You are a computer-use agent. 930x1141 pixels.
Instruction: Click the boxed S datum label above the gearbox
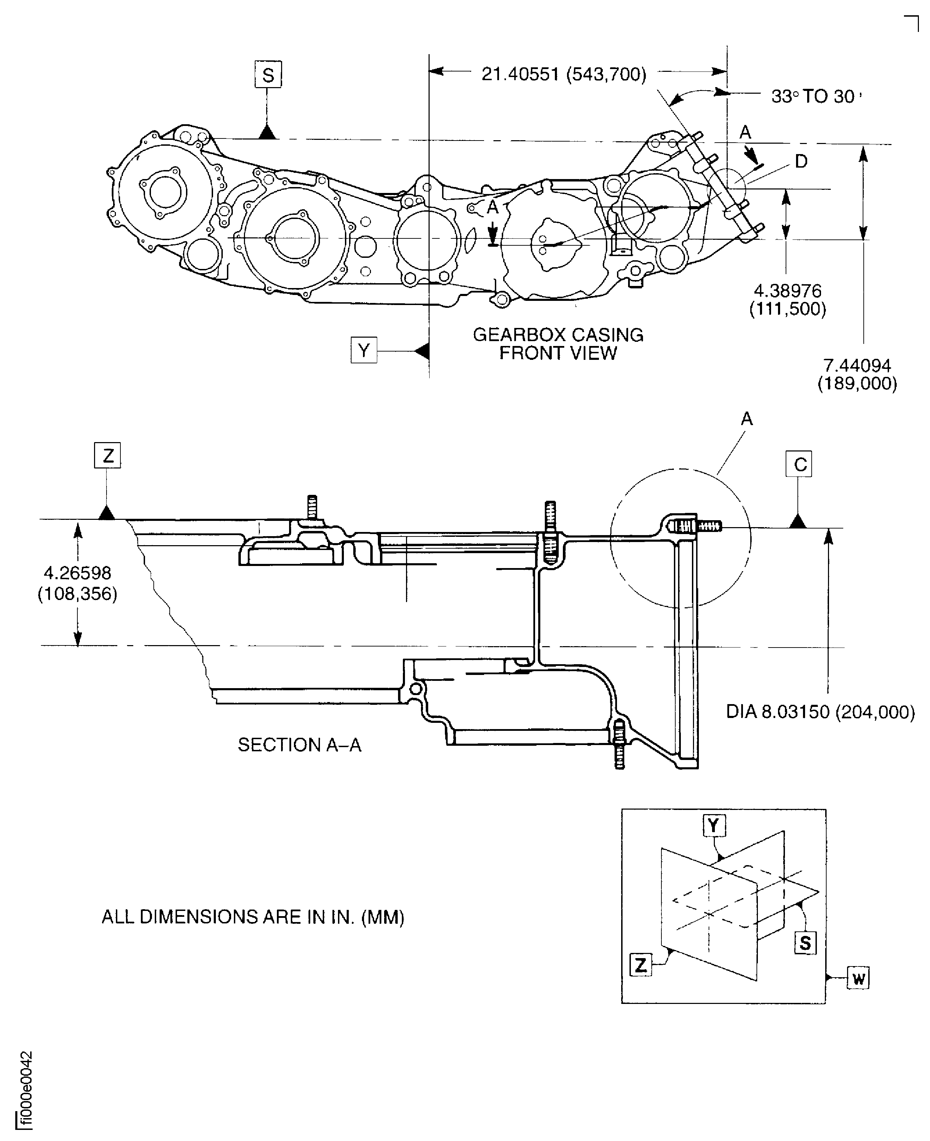point(268,75)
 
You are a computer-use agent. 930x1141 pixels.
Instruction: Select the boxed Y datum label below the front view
point(364,350)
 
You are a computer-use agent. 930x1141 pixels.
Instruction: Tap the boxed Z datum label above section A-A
point(108,455)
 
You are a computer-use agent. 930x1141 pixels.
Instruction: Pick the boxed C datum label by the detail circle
point(799,464)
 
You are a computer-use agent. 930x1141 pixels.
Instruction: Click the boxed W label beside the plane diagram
point(858,979)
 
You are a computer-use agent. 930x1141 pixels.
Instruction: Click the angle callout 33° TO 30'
point(815,96)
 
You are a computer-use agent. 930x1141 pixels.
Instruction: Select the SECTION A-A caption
point(299,745)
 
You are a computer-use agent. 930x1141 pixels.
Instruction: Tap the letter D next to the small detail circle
point(801,161)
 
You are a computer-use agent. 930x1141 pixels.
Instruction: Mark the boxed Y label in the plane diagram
point(713,826)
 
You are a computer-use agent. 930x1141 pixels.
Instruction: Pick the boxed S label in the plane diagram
point(805,943)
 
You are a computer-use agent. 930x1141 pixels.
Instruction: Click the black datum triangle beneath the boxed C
point(798,521)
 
